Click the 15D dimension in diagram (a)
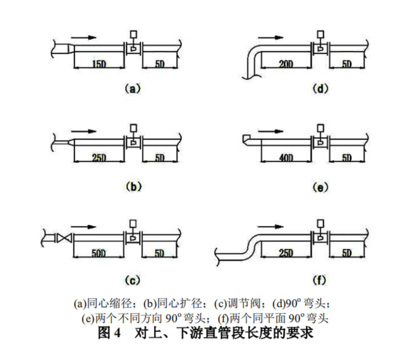(98, 64)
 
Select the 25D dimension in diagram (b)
(98, 158)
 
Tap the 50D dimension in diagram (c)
(98, 253)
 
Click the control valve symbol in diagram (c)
(62, 239)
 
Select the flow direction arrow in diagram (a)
(83, 37)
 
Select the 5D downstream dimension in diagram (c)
(159, 253)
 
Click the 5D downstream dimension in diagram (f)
(347, 253)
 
